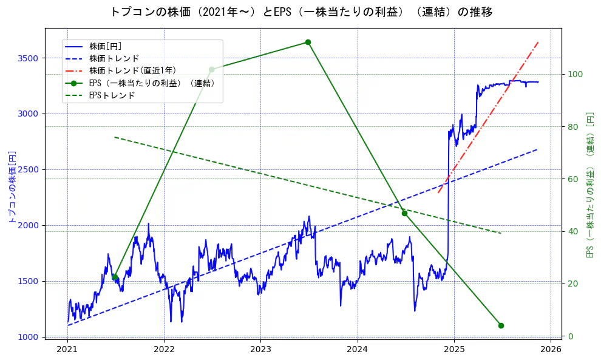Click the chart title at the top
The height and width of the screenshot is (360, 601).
(x=301, y=12)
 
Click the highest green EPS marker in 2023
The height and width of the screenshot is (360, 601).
(x=308, y=42)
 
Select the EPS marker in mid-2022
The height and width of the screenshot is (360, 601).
(x=211, y=70)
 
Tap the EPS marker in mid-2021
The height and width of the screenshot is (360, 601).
(x=115, y=277)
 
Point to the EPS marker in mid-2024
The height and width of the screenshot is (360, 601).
(x=404, y=213)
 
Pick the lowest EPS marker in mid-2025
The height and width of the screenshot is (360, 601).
(x=501, y=325)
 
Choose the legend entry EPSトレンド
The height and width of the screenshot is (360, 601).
(x=112, y=95)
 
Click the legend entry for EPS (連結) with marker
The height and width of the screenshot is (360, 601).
(x=152, y=83)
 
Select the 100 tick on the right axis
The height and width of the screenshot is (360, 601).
(x=575, y=74)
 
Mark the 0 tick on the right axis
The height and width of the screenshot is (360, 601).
(x=571, y=336)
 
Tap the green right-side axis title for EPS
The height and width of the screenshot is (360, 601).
(x=589, y=185)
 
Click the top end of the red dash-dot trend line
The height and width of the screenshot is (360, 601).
(x=538, y=42)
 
